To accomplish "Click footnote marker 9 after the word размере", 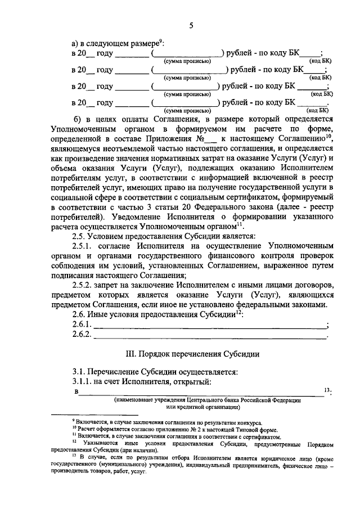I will pyautogui.click(x=160, y=40).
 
